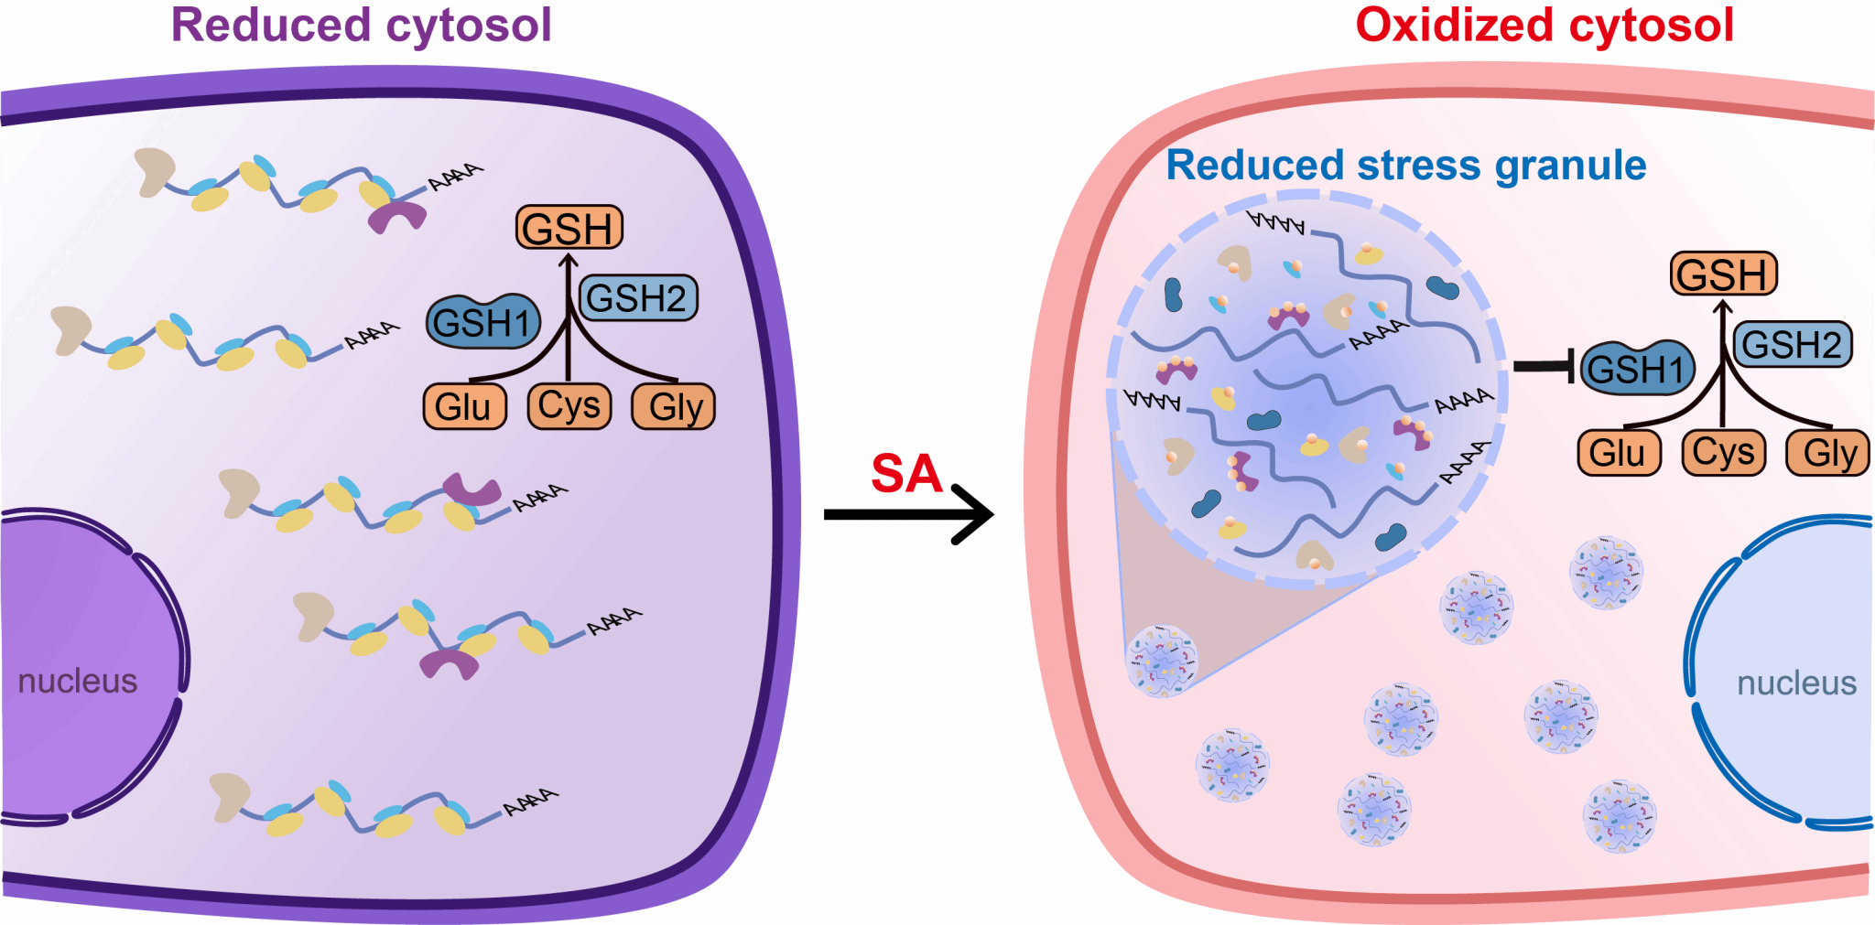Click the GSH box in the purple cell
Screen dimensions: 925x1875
tap(569, 228)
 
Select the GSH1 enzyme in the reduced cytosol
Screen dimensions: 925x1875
tap(482, 322)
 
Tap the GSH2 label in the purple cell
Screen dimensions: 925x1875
tap(637, 298)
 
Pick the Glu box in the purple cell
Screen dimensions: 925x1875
tap(463, 406)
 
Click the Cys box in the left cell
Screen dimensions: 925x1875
tap(569, 405)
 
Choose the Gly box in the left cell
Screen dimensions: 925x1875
tap(674, 406)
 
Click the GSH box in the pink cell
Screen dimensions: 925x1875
tap(1723, 274)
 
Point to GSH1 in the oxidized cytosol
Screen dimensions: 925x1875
tap(1637, 369)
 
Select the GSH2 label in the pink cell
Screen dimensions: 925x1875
tap(1792, 345)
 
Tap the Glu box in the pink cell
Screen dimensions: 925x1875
tap(1618, 453)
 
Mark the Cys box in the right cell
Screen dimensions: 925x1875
tap(1723, 452)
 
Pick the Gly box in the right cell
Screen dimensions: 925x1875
tap(1828, 453)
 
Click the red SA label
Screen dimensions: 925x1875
tap(905, 474)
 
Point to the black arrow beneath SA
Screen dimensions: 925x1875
tap(906, 514)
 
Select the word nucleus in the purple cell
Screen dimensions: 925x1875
tap(78, 682)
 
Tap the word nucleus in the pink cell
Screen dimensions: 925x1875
tap(1796, 683)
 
